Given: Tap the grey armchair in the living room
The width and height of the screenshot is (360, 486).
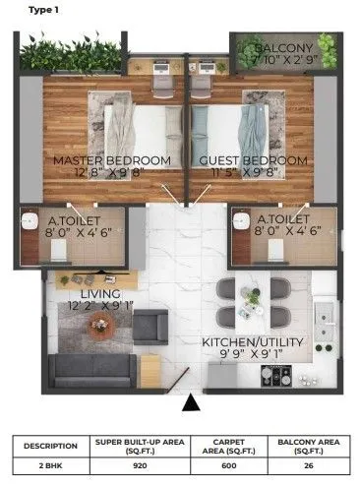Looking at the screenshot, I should tap(150, 326).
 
